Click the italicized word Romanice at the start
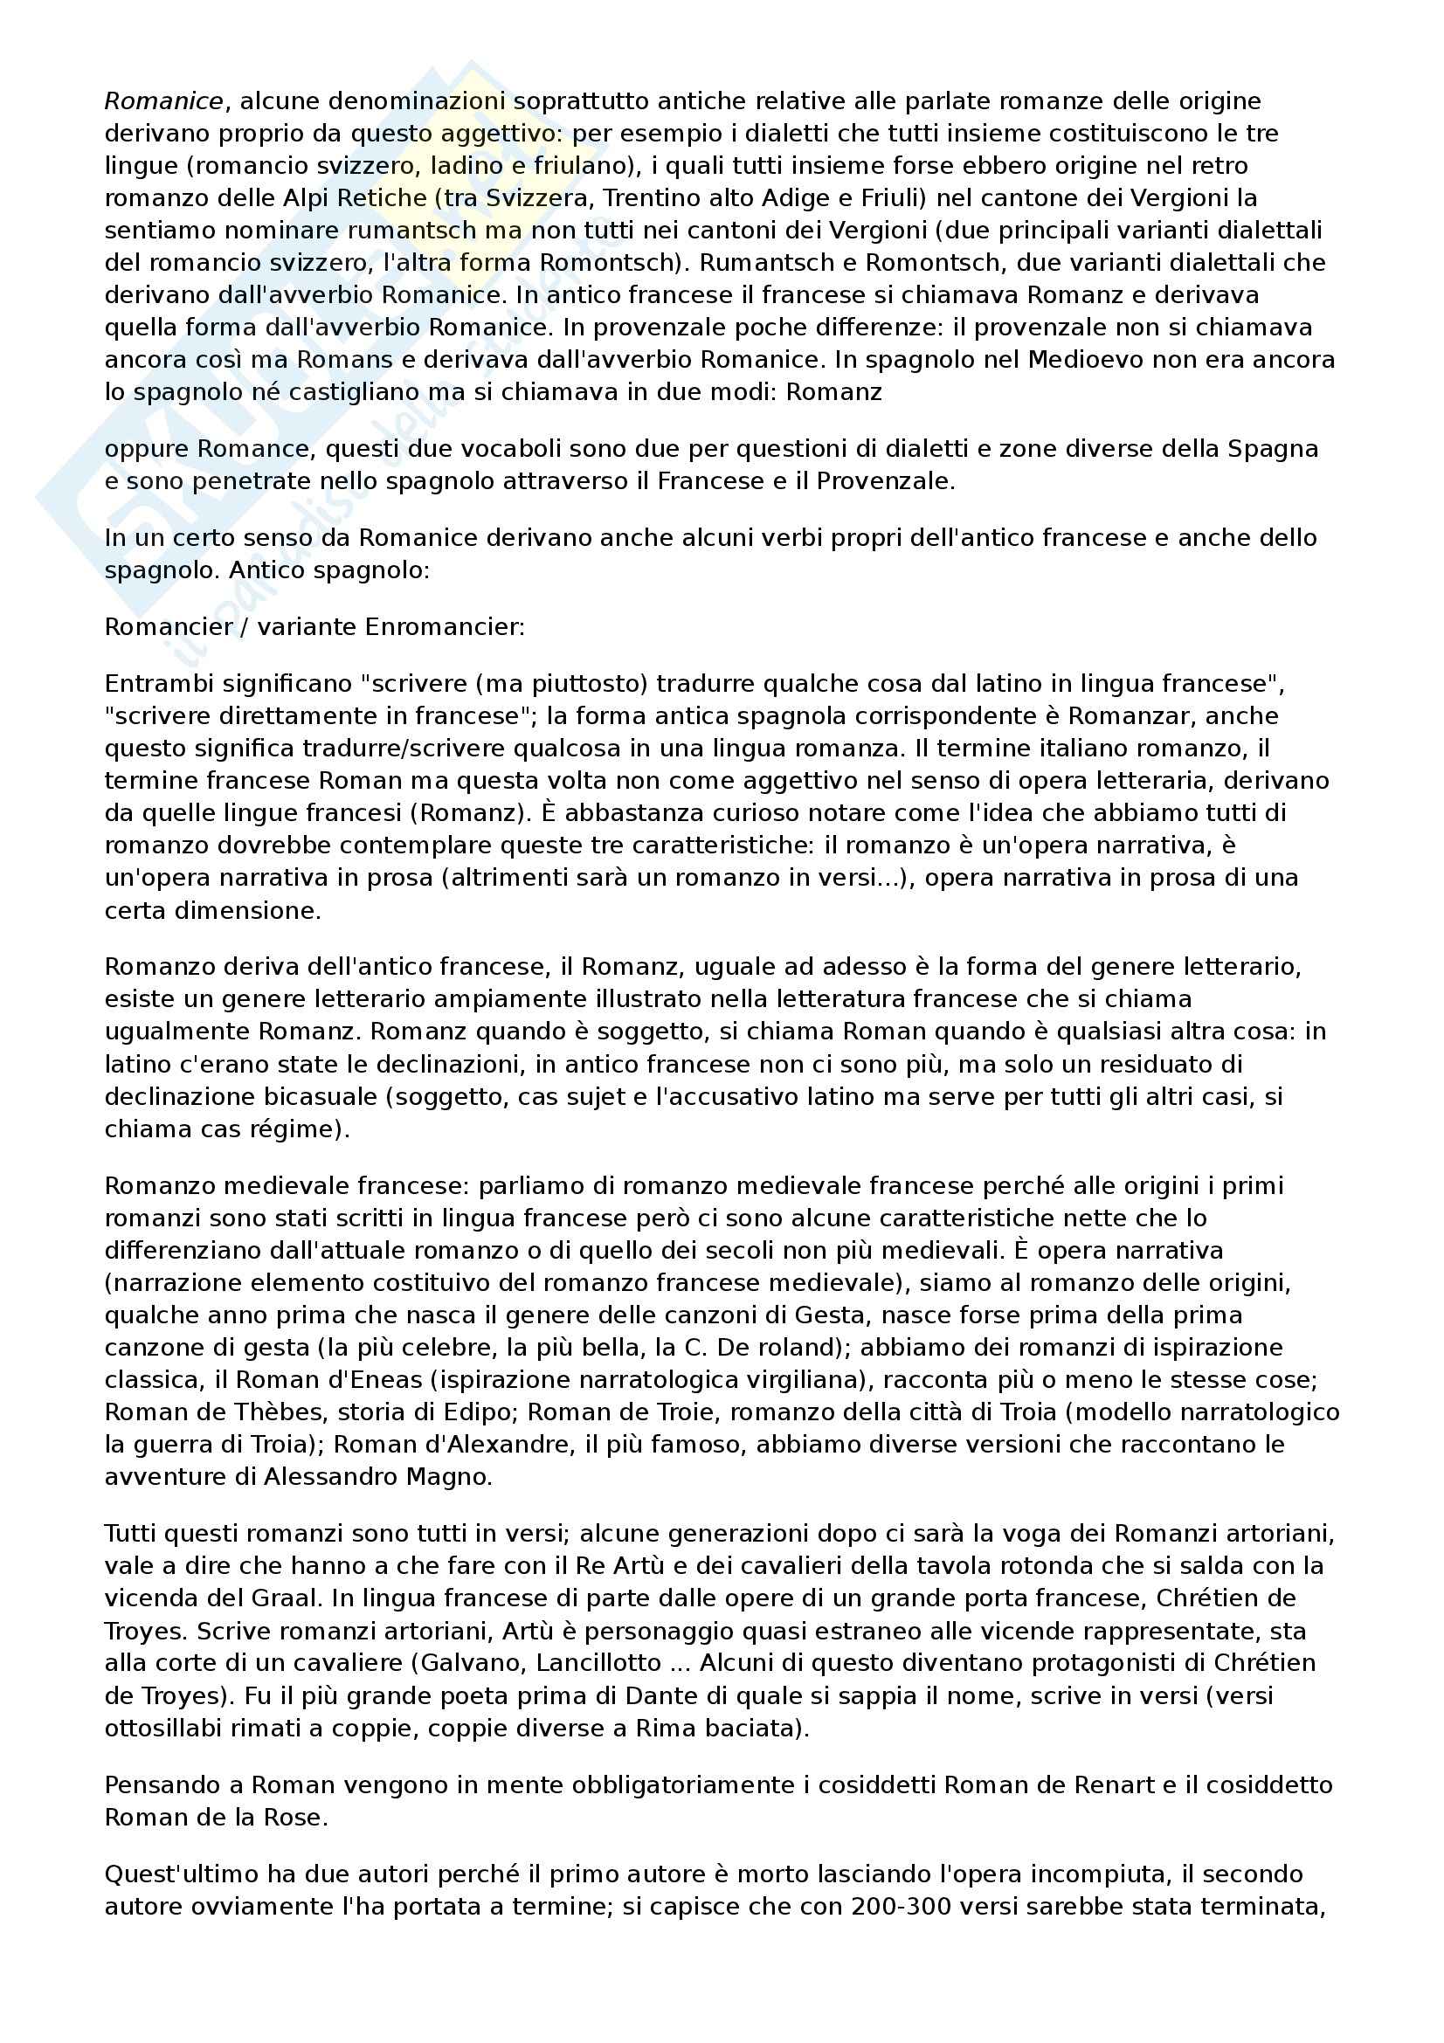(x=162, y=101)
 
